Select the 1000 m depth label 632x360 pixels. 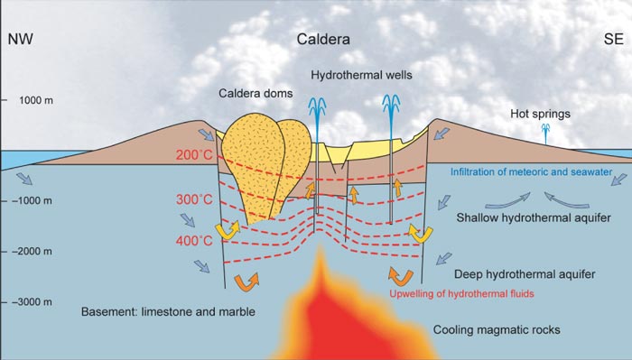[37, 100]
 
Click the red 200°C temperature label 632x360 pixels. [193, 155]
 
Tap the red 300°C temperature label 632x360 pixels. [193, 199]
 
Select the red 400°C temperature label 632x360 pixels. [193, 241]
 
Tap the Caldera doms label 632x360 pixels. [247, 94]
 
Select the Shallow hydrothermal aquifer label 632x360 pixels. [528, 217]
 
